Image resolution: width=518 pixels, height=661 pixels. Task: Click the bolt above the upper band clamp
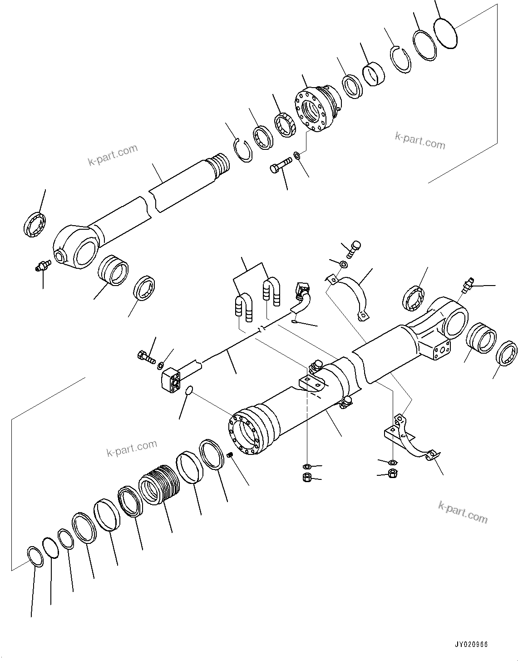coord(355,247)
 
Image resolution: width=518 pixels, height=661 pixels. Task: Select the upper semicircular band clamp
coord(352,291)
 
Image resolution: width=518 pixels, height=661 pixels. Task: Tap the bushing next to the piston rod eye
coord(114,271)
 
